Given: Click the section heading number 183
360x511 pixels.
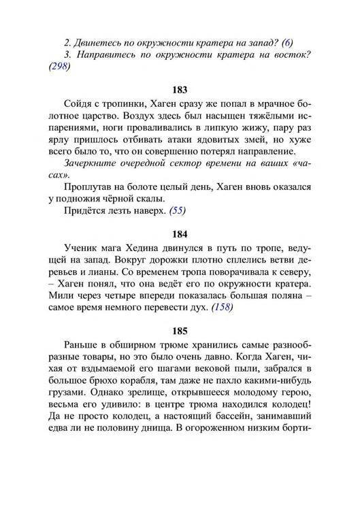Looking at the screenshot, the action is pos(180,90).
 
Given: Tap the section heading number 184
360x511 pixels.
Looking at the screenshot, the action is pos(180,232).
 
